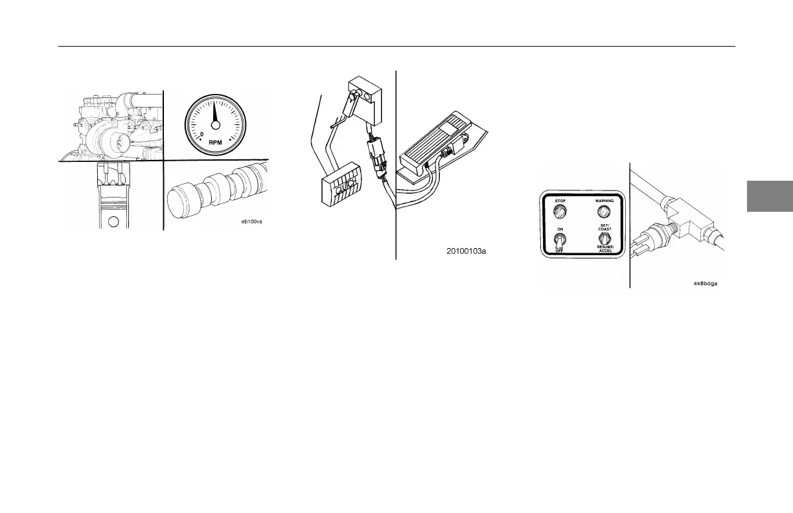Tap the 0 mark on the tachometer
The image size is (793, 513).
(202, 135)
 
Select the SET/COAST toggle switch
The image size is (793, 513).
(604, 240)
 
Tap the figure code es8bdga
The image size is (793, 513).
(707, 283)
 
